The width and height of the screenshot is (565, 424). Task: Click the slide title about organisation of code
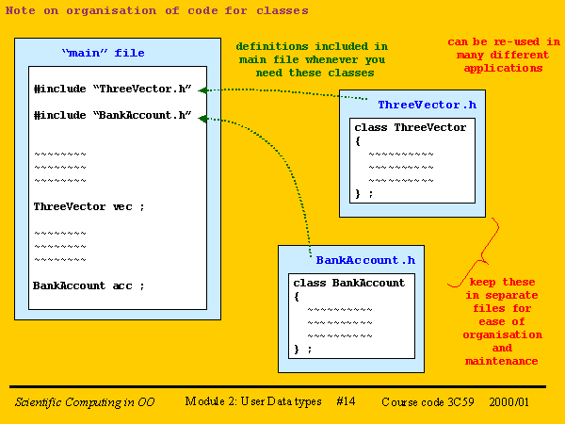[156, 10]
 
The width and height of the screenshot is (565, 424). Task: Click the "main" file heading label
[103, 53]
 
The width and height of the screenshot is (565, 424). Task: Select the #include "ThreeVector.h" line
[113, 89]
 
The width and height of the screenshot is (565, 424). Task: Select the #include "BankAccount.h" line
[113, 115]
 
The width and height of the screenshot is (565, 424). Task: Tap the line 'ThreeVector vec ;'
[89, 206]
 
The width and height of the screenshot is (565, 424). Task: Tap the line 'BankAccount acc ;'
[89, 285]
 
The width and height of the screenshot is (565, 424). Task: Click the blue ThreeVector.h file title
[427, 105]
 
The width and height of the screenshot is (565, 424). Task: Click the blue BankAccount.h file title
[364, 259]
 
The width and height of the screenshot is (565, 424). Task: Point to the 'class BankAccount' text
[348, 283]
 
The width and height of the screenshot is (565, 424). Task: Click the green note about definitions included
[311, 58]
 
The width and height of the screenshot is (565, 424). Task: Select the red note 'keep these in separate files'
[502, 321]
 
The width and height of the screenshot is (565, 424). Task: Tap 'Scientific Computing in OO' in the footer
[85, 402]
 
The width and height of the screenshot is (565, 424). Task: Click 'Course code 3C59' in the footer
[428, 402]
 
